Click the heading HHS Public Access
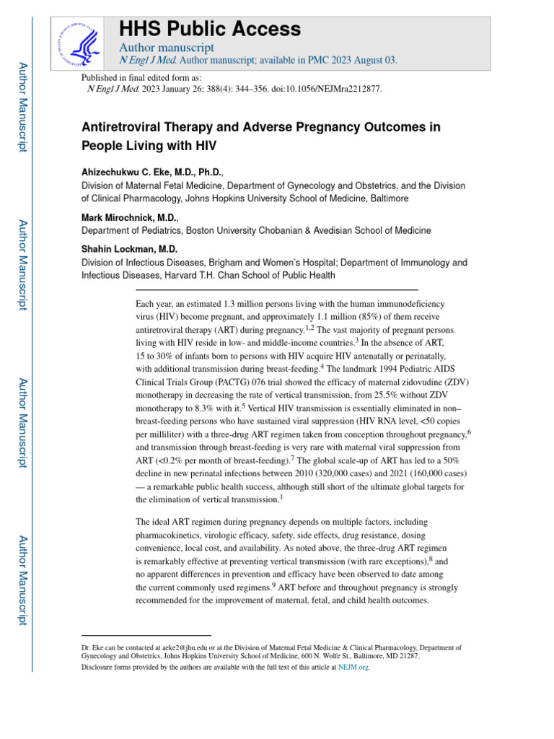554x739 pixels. (210, 29)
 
